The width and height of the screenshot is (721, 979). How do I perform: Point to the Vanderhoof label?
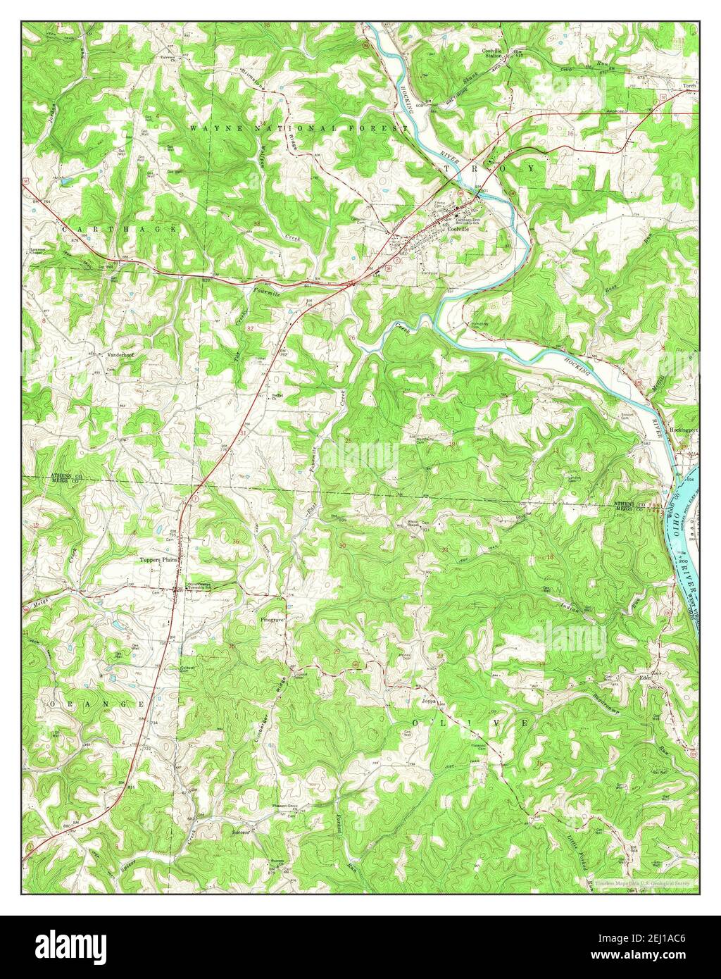click(x=120, y=355)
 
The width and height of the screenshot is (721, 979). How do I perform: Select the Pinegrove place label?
click(x=272, y=621)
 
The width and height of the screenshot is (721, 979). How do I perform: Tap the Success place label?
click(x=242, y=831)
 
